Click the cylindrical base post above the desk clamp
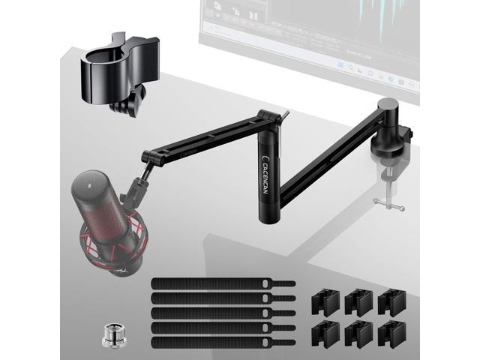coord(388,120)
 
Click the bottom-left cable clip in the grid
coord(325,332)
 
